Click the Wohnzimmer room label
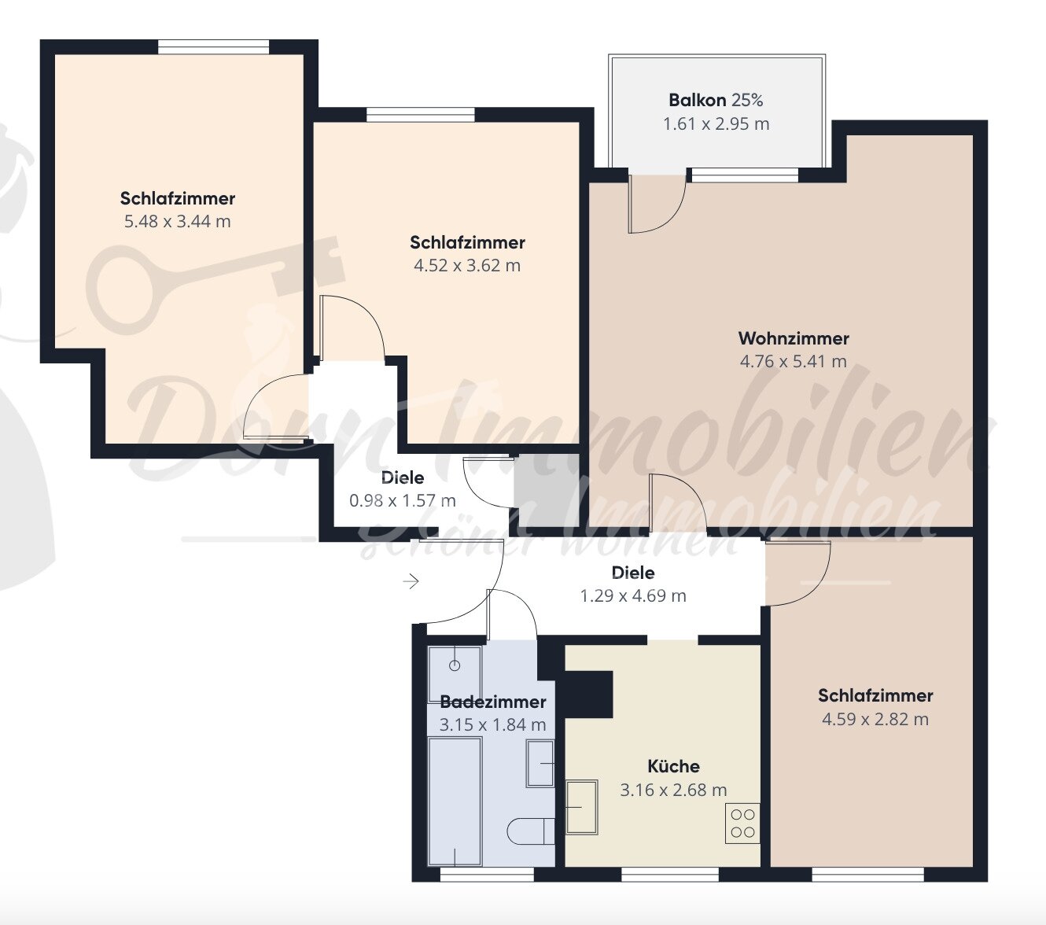(x=794, y=338)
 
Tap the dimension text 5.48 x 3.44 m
(x=178, y=222)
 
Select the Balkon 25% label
(x=716, y=100)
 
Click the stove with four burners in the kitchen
(x=742, y=824)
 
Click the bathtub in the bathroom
(x=455, y=801)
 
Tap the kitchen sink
(x=581, y=806)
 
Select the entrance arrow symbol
(x=411, y=582)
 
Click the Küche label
(x=673, y=766)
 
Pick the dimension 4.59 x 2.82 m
(x=875, y=719)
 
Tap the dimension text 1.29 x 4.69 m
(x=633, y=596)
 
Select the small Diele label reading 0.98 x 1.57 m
(x=403, y=477)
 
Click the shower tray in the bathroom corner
(x=454, y=673)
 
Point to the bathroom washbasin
(x=540, y=763)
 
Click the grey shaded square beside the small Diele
(x=546, y=490)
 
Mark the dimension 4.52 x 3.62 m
(x=467, y=266)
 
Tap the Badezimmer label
(x=492, y=702)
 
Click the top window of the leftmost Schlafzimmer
(x=214, y=48)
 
